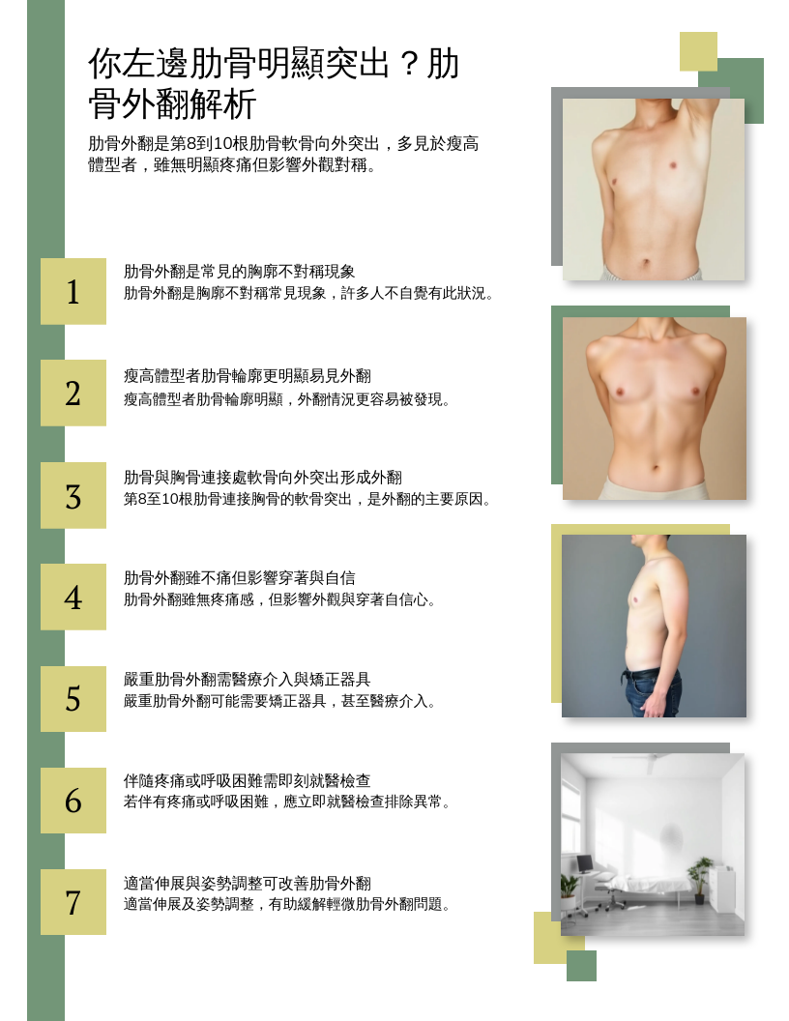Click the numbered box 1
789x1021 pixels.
(x=73, y=291)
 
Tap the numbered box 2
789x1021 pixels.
(x=73, y=393)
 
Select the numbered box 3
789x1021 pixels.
(x=73, y=495)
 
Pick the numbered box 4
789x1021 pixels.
(x=73, y=597)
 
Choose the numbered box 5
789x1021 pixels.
(x=73, y=698)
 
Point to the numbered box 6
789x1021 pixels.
(x=73, y=800)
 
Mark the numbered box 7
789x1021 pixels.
(x=73, y=902)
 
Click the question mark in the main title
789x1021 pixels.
(x=408, y=65)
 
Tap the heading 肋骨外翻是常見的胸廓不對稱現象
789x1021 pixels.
(x=239, y=272)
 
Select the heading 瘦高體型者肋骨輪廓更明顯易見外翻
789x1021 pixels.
(x=248, y=376)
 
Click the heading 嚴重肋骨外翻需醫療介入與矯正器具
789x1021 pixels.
(x=248, y=679)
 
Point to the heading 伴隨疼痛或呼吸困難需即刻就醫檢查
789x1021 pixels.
(x=248, y=780)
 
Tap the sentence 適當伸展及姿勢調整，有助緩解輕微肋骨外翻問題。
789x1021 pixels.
(x=287, y=904)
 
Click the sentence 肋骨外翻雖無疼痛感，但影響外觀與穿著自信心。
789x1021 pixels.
(x=280, y=599)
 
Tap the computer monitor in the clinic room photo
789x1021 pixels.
(x=585, y=864)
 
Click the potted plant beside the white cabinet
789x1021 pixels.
(x=699, y=879)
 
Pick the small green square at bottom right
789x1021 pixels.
(x=581, y=966)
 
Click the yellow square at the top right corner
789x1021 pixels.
(x=698, y=51)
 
